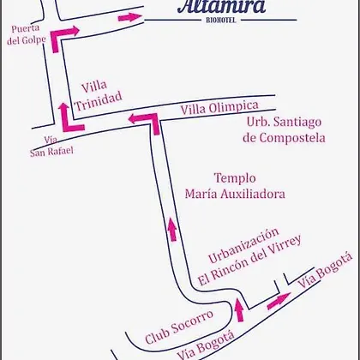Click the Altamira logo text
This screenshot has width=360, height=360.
[221, 6]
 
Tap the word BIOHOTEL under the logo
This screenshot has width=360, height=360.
[221, 21]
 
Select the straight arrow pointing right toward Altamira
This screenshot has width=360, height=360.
[130, 17]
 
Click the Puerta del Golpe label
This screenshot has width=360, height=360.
[27, 34]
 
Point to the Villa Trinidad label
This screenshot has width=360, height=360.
[98, 96]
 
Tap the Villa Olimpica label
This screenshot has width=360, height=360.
[219, 107]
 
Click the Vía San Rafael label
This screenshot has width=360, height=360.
[51, 147]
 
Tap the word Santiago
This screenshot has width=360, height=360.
[297, 123]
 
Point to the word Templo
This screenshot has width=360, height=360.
[235, 179]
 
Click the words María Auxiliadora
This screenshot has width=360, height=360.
[235, 194]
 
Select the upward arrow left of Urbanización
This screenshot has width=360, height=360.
[172, 229]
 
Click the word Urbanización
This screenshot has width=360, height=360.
[243, 245]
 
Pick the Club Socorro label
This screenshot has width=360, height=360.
[179, 327]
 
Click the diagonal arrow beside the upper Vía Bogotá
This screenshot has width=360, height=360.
[279, 301]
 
